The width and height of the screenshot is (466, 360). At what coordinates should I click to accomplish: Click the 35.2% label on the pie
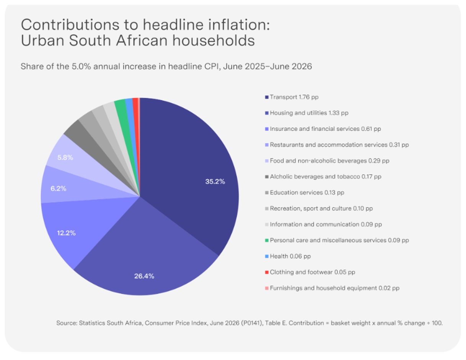(215, 182)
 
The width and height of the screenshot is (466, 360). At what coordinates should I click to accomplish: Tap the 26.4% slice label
(144, 276)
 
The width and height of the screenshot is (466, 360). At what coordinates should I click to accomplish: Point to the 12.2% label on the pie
(66, 233)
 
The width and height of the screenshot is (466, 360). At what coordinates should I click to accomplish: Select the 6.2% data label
(58, 189)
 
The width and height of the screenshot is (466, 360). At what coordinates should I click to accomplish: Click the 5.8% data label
(65, 158)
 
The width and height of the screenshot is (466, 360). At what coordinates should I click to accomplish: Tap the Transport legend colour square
(267, 97)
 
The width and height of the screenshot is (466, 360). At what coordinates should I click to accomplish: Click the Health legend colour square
(267, 256)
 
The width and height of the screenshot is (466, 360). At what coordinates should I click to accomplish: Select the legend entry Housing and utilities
(309, 113)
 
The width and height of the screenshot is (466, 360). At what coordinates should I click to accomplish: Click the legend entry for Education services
(307, 192)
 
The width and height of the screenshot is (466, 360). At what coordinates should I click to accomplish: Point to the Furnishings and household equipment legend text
(335, 288)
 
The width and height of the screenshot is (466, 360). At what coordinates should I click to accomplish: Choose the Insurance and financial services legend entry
(325, 129)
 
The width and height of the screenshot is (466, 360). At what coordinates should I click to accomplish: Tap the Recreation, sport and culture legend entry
(321, 209)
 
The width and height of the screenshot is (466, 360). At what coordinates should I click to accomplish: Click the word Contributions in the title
(70, 24)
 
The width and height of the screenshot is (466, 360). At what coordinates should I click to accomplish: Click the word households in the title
(214, 40)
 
